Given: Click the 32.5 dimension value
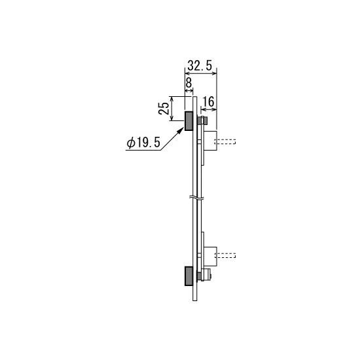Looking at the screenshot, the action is (x=200, y=66).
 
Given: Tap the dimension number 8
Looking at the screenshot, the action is (x=189, y=82).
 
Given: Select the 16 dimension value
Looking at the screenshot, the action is (x=208, y=101).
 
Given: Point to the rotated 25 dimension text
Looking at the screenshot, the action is (x=164, y=109).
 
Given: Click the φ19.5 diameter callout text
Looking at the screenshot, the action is (x=143, y=143).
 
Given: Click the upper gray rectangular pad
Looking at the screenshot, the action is (x=189, y=121).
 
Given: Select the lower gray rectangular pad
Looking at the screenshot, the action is (x=189, y=276).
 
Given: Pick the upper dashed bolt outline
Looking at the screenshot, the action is (x=225, y=141).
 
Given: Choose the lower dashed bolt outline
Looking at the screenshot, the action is (x=225, y=255).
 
